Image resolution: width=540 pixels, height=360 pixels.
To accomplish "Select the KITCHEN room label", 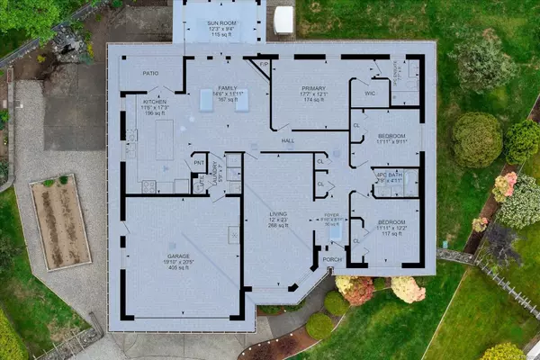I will (x=156, y=102).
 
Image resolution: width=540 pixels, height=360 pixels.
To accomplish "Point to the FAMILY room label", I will (x=228, y=88).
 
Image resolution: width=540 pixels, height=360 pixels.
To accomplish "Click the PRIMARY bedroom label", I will (x=312, y=88).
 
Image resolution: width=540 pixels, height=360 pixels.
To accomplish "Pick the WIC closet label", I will (x=370, y=93).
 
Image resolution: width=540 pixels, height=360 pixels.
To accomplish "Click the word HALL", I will (x=288, y=141).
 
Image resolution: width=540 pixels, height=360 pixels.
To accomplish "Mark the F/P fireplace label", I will (x=264, y=66).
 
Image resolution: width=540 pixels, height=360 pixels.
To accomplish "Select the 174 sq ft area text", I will (x=312, y=101).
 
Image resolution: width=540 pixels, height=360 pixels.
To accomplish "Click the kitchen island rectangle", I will (x=164, y=140).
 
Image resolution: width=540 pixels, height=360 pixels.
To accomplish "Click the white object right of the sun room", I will (x=283, y=20).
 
